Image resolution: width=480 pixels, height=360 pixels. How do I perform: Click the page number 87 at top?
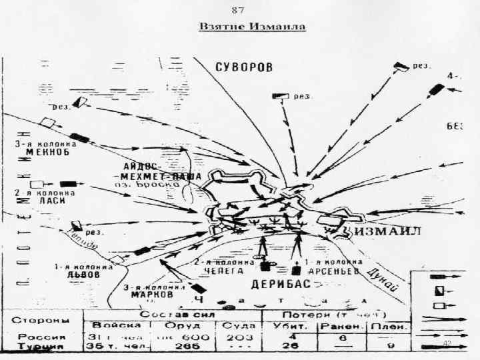[x=237, y=10]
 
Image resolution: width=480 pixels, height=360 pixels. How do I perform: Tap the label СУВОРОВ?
[x=245, y=67]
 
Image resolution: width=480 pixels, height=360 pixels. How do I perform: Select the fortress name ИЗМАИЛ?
[x=387, y=231]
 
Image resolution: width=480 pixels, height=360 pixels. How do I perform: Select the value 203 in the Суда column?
[x=235, y=337]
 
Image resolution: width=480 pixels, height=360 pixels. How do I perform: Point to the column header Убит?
[x=289, y=325]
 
